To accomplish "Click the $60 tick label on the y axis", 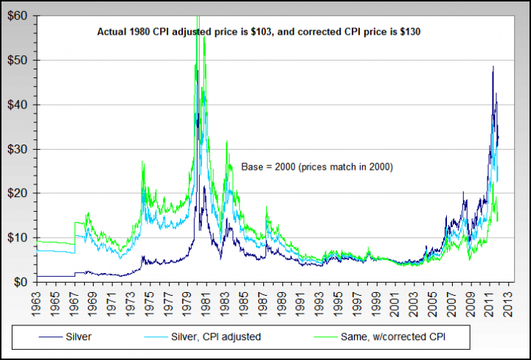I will (x=18, y=15).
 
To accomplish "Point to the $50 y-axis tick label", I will (x=18, y=60).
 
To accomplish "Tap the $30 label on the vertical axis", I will (x=18, y=149).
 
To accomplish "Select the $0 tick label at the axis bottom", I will (x=21, y=282).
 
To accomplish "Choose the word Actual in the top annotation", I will (x=114, y=33).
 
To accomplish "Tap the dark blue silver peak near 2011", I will (x=493, y=67).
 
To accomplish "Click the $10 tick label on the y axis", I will (x=18, y=238).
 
